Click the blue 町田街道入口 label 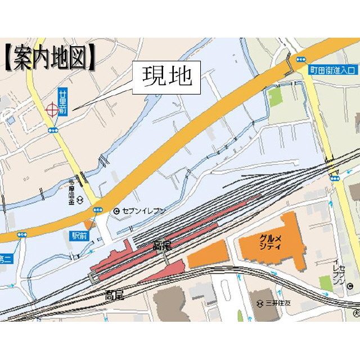coord(332,70)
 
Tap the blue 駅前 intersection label coord(79,235)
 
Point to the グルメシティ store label coord(270,242)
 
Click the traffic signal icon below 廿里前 coord(53,130)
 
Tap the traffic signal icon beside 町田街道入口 coord(302,58)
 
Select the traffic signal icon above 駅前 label coord(98,210)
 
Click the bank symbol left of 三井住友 coord(260,303)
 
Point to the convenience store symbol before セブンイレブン coord(116,211)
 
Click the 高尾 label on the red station coord(162,246)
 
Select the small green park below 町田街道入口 coord(275,97)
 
